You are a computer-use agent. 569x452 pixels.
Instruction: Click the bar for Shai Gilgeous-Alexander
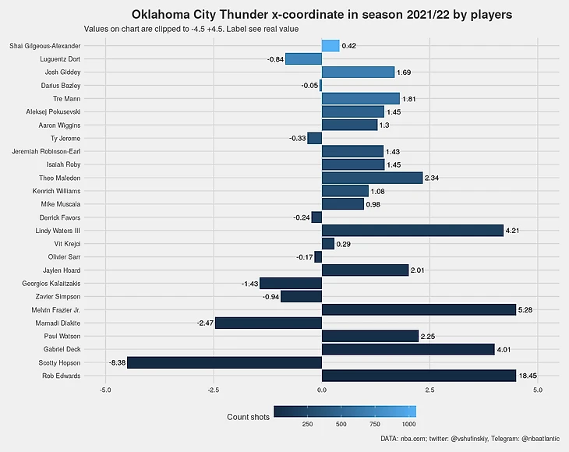(330, 46)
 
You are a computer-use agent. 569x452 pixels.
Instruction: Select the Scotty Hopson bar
(224, 362)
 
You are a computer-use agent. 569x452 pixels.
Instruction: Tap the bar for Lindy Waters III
(412, 230)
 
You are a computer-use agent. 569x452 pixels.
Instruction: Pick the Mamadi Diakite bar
(268, 323)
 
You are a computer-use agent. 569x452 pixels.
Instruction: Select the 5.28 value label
(526, 309)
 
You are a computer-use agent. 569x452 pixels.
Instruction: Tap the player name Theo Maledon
(60, 178)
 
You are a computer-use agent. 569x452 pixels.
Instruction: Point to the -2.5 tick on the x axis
(213, 389)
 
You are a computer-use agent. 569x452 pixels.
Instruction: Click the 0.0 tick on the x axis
(321, 389)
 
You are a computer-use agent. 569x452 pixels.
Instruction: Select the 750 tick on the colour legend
(375, 425)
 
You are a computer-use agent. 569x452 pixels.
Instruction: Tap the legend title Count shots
(248, 418)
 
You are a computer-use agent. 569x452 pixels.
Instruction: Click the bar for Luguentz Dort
(303, 59)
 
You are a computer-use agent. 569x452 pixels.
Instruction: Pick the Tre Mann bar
(360, 98)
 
